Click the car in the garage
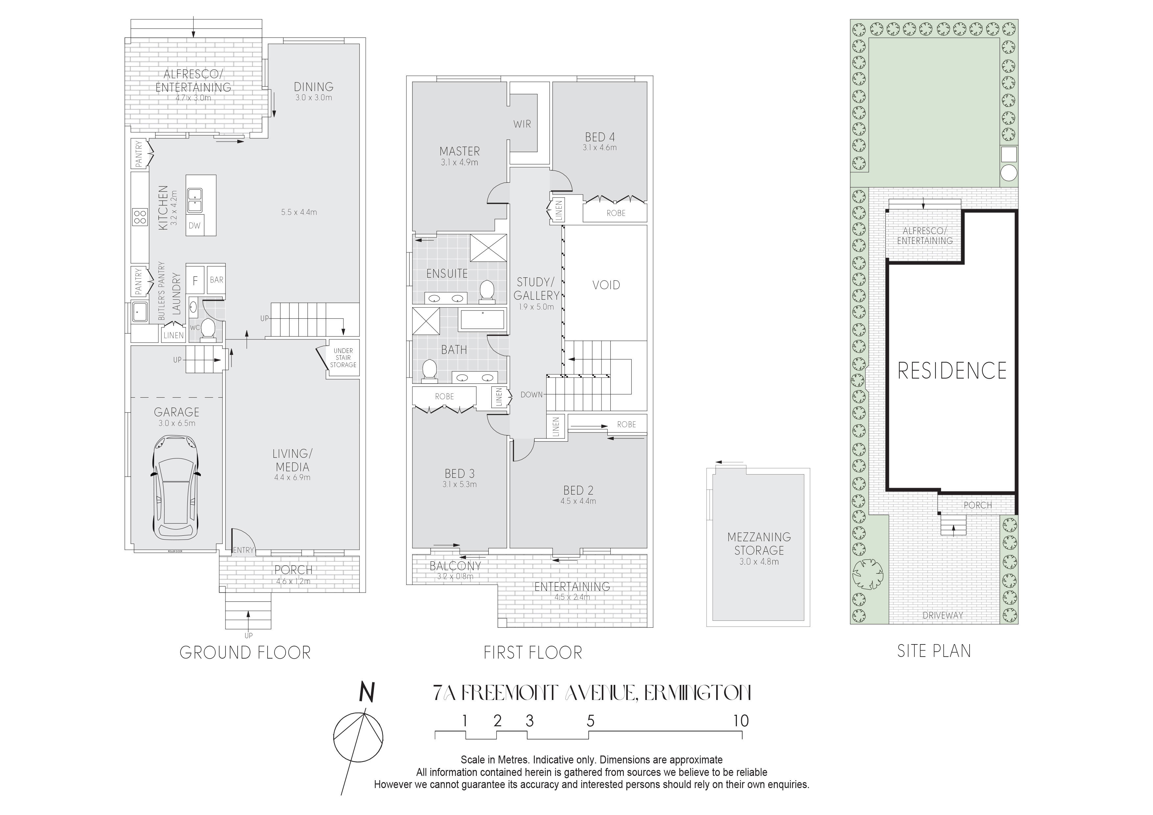coord(175,487)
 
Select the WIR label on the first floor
coord(522,124)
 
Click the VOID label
coord(606,285)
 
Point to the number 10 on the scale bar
coord(741,721)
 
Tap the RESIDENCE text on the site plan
coord(952,371)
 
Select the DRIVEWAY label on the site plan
coord(943,615)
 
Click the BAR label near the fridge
coord(217,280)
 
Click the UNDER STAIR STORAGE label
coord(343,358)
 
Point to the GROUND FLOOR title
coord(245,653)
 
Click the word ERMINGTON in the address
coord(697,693)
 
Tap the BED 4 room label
coord(600,137)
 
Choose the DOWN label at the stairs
coord(531,395)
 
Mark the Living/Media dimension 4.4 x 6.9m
coord(292,477)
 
